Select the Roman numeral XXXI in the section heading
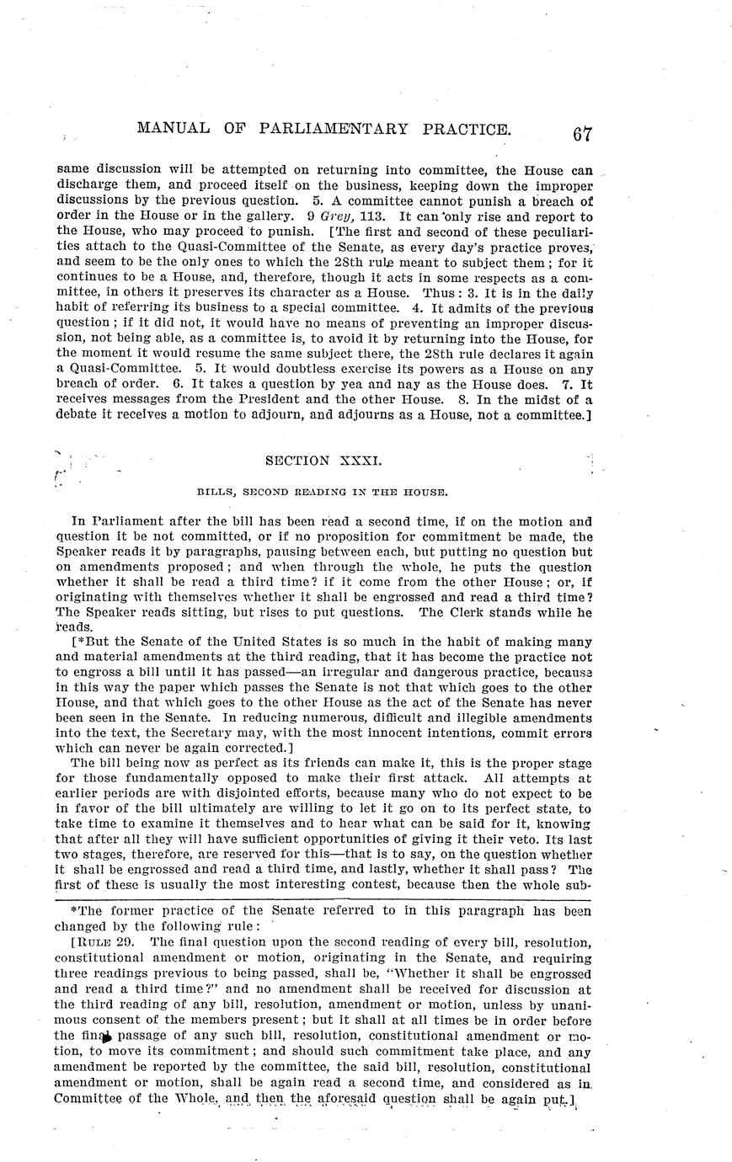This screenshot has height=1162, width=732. click(x=345, y=461)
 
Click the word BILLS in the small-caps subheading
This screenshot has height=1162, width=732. click(x=216, y=490)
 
